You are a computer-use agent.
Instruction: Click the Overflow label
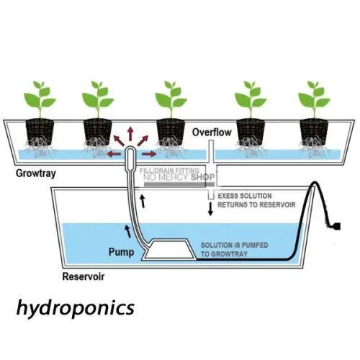pos(212,132)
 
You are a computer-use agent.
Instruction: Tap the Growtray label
pos(36,174)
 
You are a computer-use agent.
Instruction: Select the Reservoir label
pos(84,276)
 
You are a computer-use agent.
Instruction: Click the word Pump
pos(121,252)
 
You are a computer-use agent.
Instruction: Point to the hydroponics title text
pos(76,308)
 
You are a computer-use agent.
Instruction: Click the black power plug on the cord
pos(336,226)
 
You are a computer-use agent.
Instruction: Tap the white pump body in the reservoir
pos(170,249)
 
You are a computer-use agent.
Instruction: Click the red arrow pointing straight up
pos(130,134)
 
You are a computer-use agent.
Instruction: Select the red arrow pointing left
pos(114,154)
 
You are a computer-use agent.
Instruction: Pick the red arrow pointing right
pos(149,154)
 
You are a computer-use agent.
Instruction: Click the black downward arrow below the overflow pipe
pos(210,209)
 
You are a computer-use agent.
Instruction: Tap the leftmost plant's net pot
pos(40,132)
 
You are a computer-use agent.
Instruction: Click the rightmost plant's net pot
pos(314,132)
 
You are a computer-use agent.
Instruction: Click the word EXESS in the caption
pos(228,196)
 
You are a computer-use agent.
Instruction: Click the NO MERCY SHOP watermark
pos(179,177)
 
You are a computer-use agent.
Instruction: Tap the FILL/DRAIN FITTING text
pos(169,171)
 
